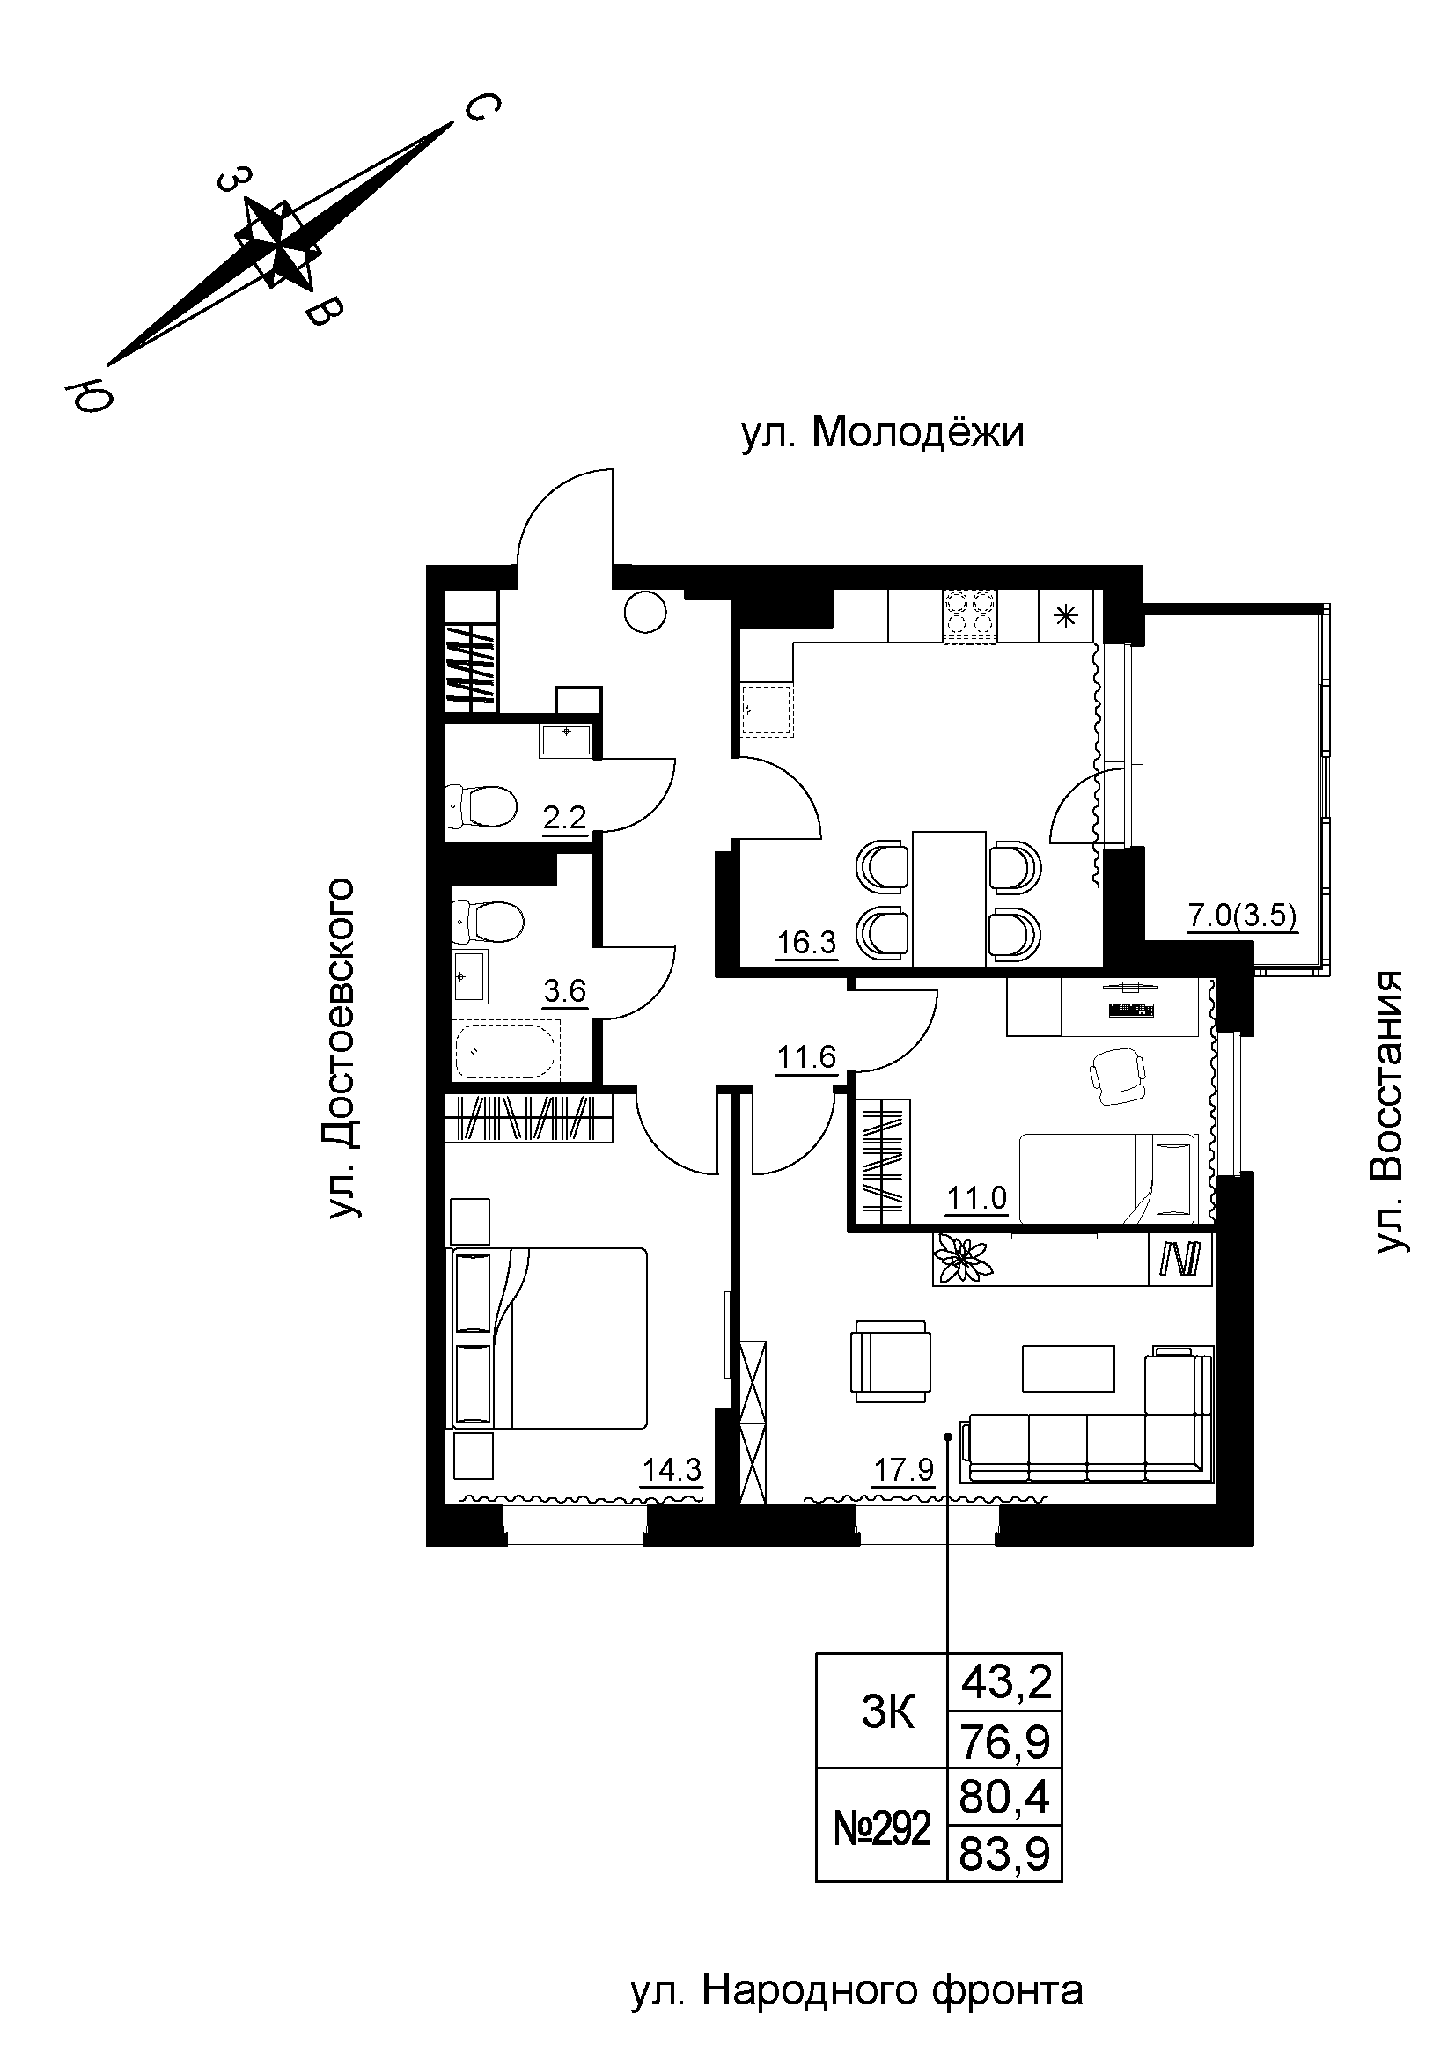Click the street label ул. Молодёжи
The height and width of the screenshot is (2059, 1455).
[x=882, y=434]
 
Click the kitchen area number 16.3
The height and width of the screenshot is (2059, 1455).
[x=807, y=943]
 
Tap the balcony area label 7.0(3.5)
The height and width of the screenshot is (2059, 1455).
[x=1243, y=917]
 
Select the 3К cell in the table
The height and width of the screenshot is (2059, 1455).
[x=887, y=1714]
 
